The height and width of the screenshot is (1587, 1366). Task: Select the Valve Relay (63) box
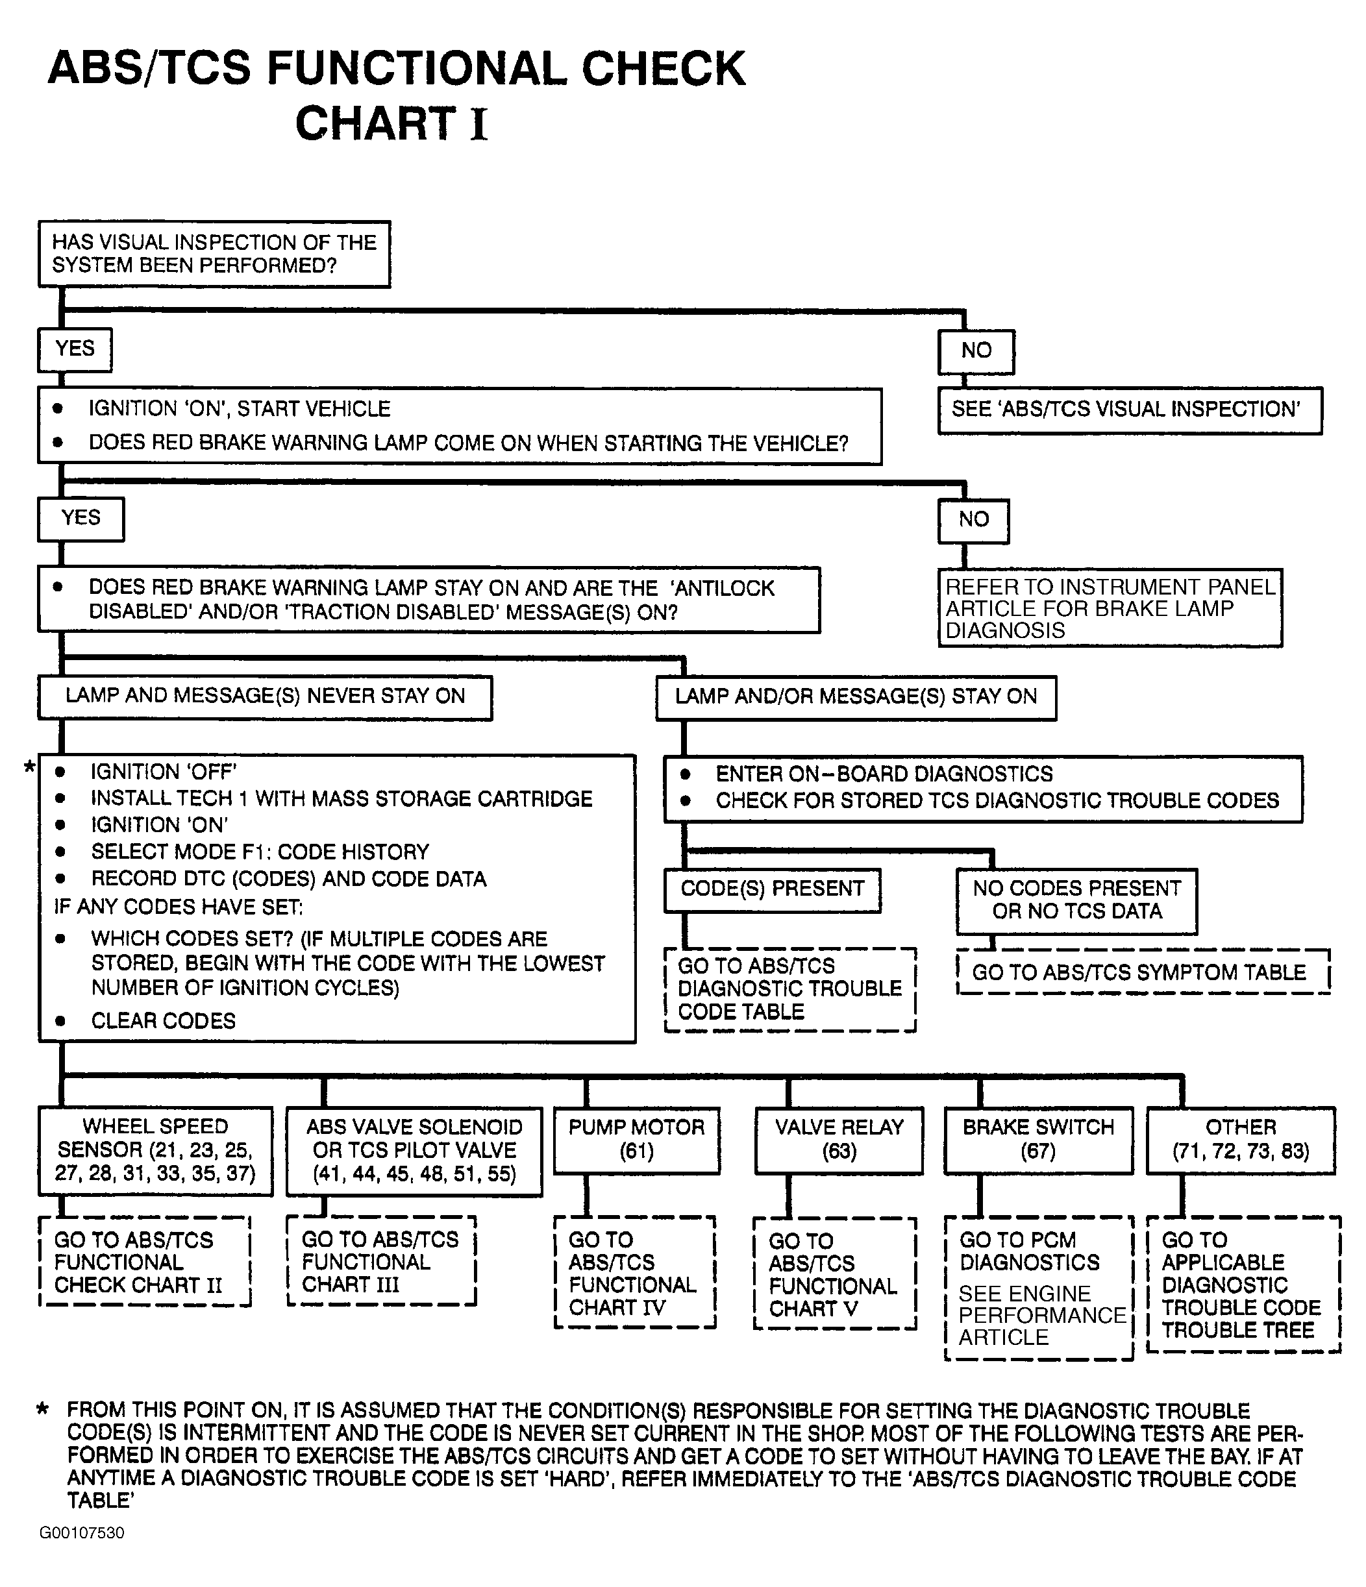tap(839, 1139)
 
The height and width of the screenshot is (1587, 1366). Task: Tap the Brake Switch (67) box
tap(1038, 1139)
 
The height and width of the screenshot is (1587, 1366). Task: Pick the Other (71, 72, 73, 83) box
tap(1240, 1139)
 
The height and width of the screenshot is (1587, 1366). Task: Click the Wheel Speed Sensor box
tap(156, 1150)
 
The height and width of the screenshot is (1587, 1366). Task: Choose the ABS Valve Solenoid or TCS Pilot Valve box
tap(414, 1150)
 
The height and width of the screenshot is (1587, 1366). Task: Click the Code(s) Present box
tap(772, 889)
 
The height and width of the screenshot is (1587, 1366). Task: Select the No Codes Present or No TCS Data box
tap(1076, 900)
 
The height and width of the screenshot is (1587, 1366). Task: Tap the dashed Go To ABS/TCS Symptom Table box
tap(1143, 972)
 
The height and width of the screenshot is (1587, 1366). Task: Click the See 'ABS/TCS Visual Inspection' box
tap(1129, 410)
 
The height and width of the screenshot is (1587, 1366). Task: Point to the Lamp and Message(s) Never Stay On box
tap(265, 696)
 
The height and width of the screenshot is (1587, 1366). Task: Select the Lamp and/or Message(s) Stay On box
tap(856, 697)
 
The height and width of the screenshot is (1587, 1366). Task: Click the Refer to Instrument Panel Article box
tap(1110, 608)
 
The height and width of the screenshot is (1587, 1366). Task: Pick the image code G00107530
tap(82, 1532)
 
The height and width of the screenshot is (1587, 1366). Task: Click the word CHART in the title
tap(375, 123)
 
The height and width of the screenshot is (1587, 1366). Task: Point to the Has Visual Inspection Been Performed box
tap(214, 254)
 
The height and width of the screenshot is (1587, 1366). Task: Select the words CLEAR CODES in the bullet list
tap(163, 1021)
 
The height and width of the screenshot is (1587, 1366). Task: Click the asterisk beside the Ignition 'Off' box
tap(29, 766)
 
